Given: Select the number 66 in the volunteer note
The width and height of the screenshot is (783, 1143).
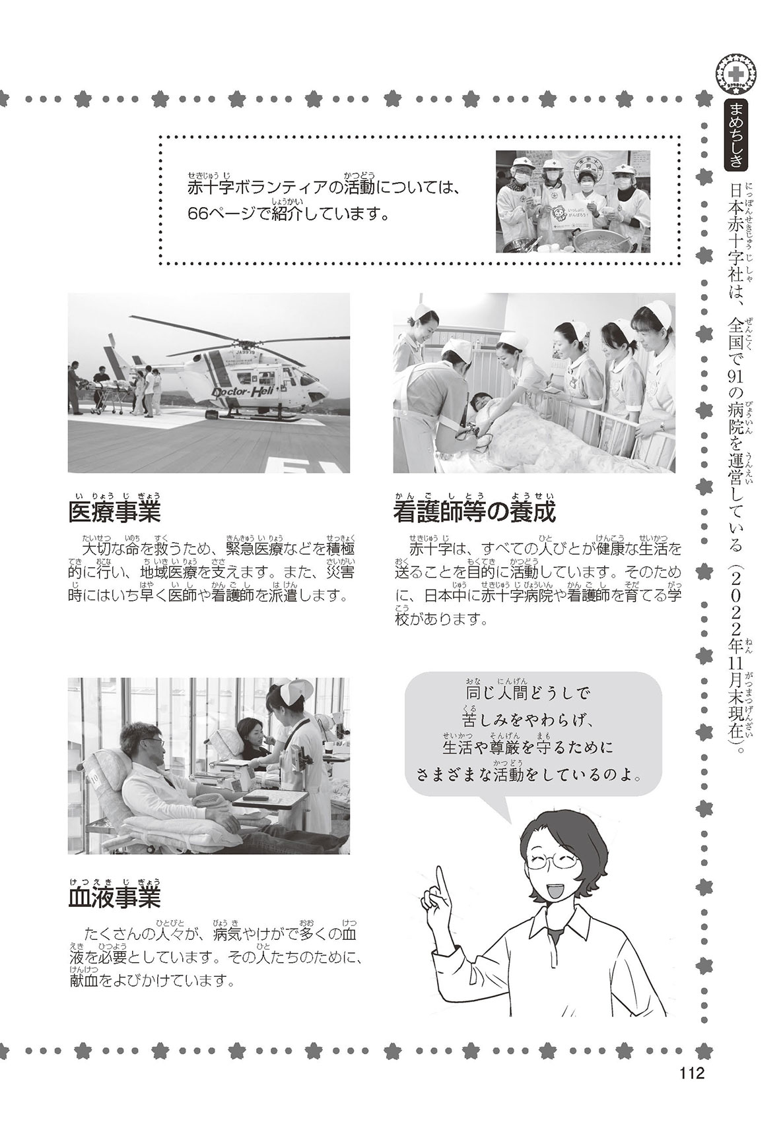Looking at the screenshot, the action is click(199, 215).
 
